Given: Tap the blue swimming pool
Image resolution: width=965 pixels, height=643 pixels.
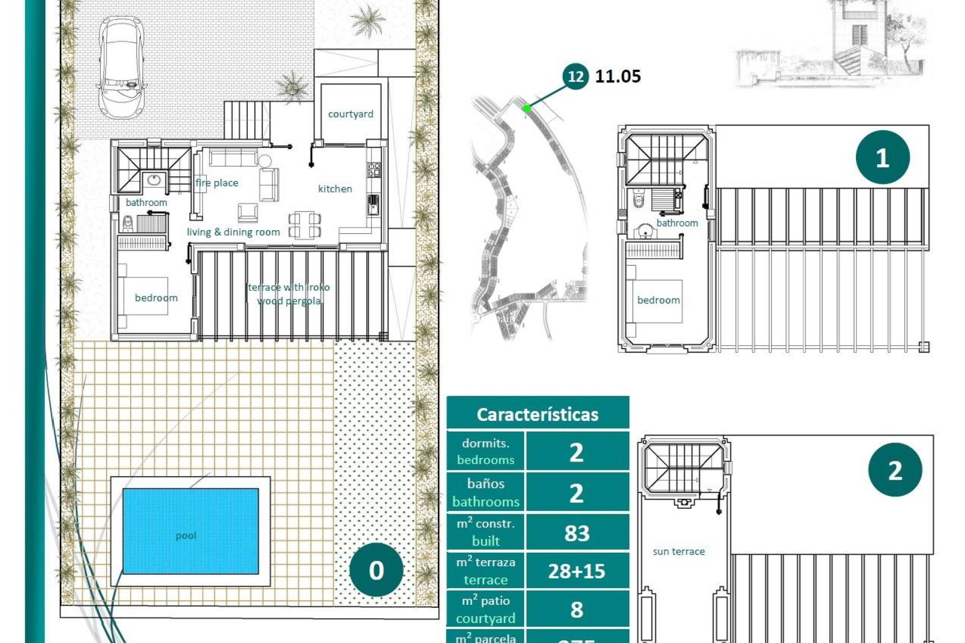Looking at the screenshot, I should click(190, 531).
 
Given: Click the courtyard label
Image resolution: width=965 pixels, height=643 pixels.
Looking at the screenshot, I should click(350, 114).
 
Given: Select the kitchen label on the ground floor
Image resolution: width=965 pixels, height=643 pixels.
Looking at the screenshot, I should click(335, 189).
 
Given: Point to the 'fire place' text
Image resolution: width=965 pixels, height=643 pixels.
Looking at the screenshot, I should click(217, 183).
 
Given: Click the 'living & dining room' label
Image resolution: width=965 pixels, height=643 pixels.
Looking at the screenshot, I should click(233, 232).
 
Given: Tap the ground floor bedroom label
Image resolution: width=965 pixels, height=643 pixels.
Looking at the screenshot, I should click(156, 298).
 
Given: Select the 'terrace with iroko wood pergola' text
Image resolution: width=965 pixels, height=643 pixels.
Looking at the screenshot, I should click(289, 294).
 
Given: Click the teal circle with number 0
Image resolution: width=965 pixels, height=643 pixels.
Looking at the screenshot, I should click(376, 570).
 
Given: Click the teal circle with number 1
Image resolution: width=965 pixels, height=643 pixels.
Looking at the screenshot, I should click(882, 157).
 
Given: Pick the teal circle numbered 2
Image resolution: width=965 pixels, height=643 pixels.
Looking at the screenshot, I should click(895, 470).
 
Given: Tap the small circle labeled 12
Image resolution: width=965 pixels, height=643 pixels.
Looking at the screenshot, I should click(575, 76).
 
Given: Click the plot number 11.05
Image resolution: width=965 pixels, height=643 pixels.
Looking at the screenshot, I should click(618, 76).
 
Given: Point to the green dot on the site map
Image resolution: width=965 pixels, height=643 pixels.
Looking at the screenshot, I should click(526, 108).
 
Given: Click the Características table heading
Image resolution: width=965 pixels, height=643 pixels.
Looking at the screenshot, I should click(537, 414).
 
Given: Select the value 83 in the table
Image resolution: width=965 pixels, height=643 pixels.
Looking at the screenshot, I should click(576, 533).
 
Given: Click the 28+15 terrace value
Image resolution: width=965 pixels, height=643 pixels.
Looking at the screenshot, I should click(576, 571).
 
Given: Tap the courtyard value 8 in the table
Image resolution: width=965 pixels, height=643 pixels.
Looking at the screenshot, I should click(576, 609).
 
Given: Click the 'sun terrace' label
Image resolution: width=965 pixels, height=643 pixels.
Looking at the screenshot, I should click(679, 552).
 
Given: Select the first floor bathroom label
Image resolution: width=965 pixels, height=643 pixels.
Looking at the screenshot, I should click(677, 223).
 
